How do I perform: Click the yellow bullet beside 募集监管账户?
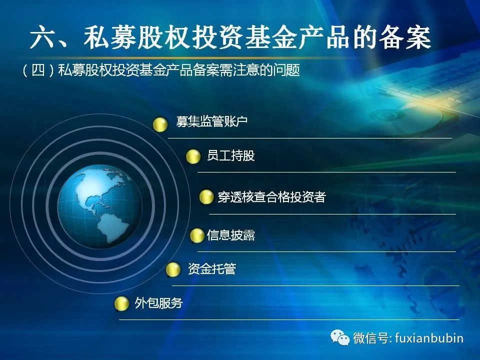[x=160, y=124]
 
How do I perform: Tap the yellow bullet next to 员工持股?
[x=193, y=156]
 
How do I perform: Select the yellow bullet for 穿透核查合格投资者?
[x=206, y=197]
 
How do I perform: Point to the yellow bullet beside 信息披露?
[x=197, y=235]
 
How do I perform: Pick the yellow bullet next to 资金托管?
[x=173, y=269]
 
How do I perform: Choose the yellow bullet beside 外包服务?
[x=121, y=303]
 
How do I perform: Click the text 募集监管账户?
[x=212, y=121]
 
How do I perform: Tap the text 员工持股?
[x=231, y=155]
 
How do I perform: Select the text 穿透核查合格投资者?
[x=271, y=196]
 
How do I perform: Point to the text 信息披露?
[x=231, y=235]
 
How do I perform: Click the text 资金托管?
[x=212, y=269]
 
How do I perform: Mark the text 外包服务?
[x=158, y=303]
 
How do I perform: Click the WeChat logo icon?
[x=340, y=337]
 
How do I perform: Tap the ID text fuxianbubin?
[x=429, y=338]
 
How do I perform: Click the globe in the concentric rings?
[x=100, y=206]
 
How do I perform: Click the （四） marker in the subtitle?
[x=38, y=70]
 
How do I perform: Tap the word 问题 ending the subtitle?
[x=286, y=70]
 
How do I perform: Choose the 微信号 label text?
[x=371, y=338]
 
